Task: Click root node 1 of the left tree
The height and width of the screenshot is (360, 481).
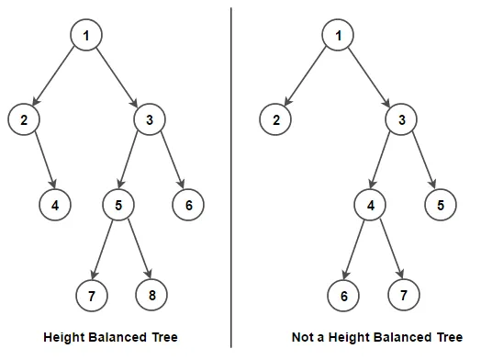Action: [x=85, y=35]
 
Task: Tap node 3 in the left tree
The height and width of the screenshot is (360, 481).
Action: [x=149, y=119]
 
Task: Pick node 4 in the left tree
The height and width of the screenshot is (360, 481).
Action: [x=55, y=205]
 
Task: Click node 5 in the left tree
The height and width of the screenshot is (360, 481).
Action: [x=117, y=205]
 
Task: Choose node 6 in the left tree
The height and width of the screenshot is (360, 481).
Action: [x=188, y=205]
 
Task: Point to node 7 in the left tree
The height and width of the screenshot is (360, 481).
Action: [x=92, y=295]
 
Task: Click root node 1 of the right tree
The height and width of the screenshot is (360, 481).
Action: [x=338, y=35]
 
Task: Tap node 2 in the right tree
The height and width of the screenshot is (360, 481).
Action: [x=275, y=119]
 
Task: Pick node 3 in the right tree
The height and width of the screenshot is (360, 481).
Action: [x=401, y=119]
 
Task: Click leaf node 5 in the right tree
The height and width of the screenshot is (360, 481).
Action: [x=441, y=205]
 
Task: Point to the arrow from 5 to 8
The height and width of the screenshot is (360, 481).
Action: [x=134, y=250]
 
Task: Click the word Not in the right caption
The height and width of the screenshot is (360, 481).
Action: [x=302, y=337]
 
